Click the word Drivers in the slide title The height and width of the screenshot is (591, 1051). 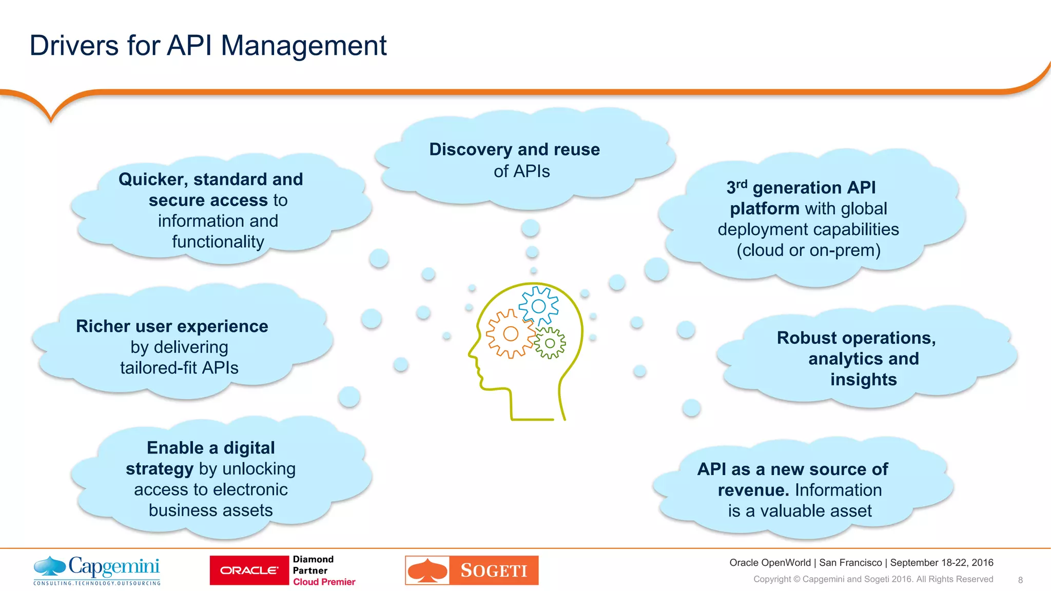click(x=74, y=46)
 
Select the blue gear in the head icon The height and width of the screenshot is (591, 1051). click(x=538, y=306)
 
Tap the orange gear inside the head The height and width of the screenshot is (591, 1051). click(x=510, y=334)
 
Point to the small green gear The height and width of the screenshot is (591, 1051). click(x=550, y=343)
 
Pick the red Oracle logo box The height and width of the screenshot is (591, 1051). click(x=249, y=570)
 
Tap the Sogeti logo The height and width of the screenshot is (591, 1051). click(x=472, y=570)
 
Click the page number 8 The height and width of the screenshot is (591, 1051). click(x=1020, y=580)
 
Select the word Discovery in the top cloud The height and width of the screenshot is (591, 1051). click(x=471, y=149)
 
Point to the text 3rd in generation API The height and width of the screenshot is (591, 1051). click(x=736, y=187)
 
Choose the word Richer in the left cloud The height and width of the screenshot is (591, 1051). click(x=102, y=326)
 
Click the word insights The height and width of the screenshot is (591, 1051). click(x=863, y=380)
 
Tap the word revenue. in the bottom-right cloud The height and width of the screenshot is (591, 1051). click(x=753, y=490)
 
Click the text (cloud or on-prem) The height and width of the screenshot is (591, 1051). click(x=808, y=250)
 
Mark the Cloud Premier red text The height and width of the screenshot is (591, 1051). click(x=324, y=582)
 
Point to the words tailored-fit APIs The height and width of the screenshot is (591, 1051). click(x=179, y=368)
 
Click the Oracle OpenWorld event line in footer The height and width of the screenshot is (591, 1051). click(x=861, y=563)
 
